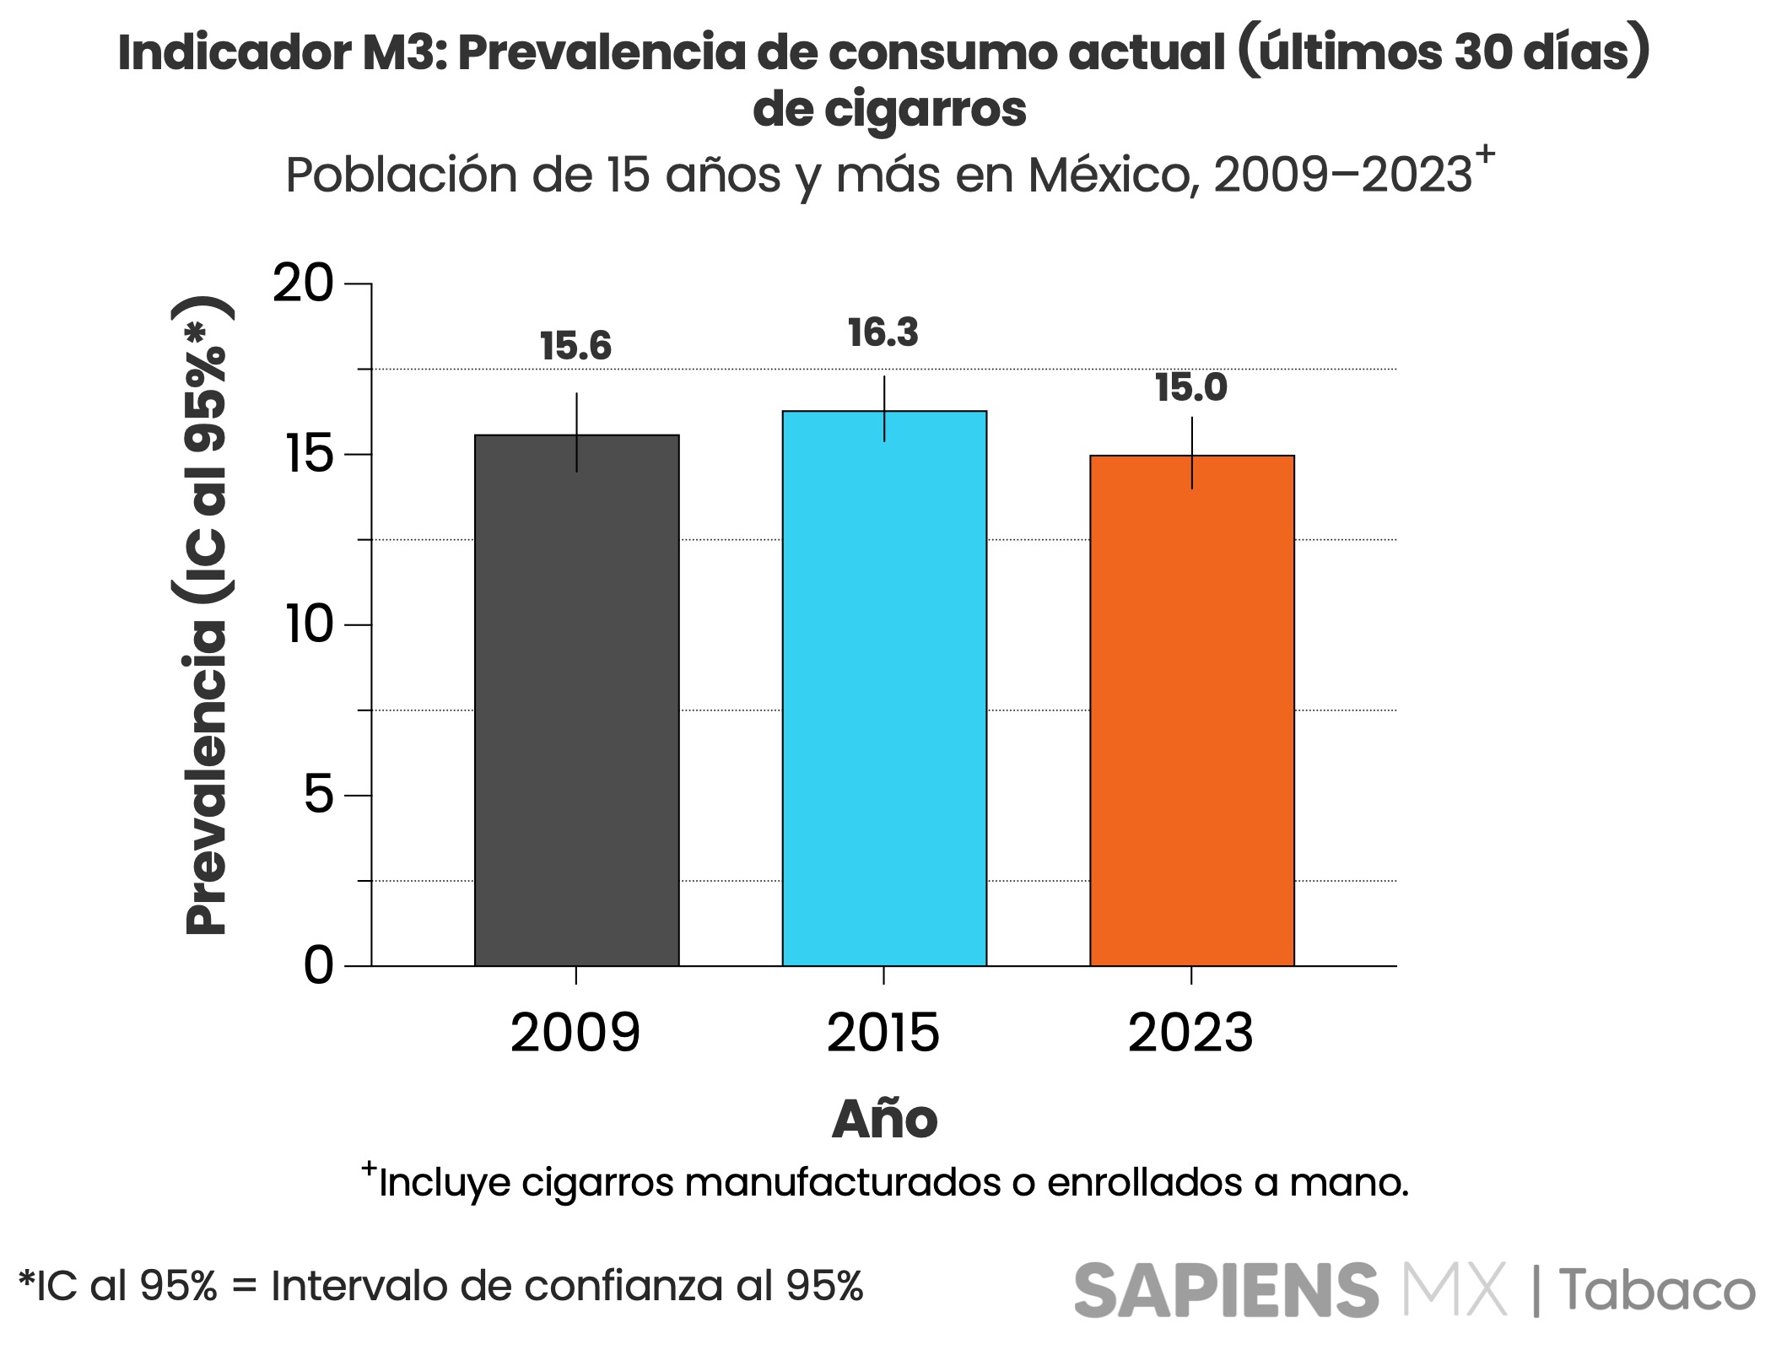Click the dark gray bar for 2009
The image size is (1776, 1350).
576,700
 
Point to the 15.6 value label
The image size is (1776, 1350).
575,346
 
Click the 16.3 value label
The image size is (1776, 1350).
883,332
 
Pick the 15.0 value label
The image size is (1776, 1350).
1190,387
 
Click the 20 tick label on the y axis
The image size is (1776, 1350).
303,283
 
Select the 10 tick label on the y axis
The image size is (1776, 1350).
310,624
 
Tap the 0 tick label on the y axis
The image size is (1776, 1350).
319,965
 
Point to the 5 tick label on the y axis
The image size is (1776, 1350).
319,795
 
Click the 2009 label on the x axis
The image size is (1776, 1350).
575,1033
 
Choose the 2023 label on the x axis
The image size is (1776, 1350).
1190,1033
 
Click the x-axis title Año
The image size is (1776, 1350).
884,1120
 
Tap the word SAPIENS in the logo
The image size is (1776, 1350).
1226,1290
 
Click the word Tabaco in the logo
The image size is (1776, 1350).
1656,1291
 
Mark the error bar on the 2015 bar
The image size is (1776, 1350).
884,408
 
